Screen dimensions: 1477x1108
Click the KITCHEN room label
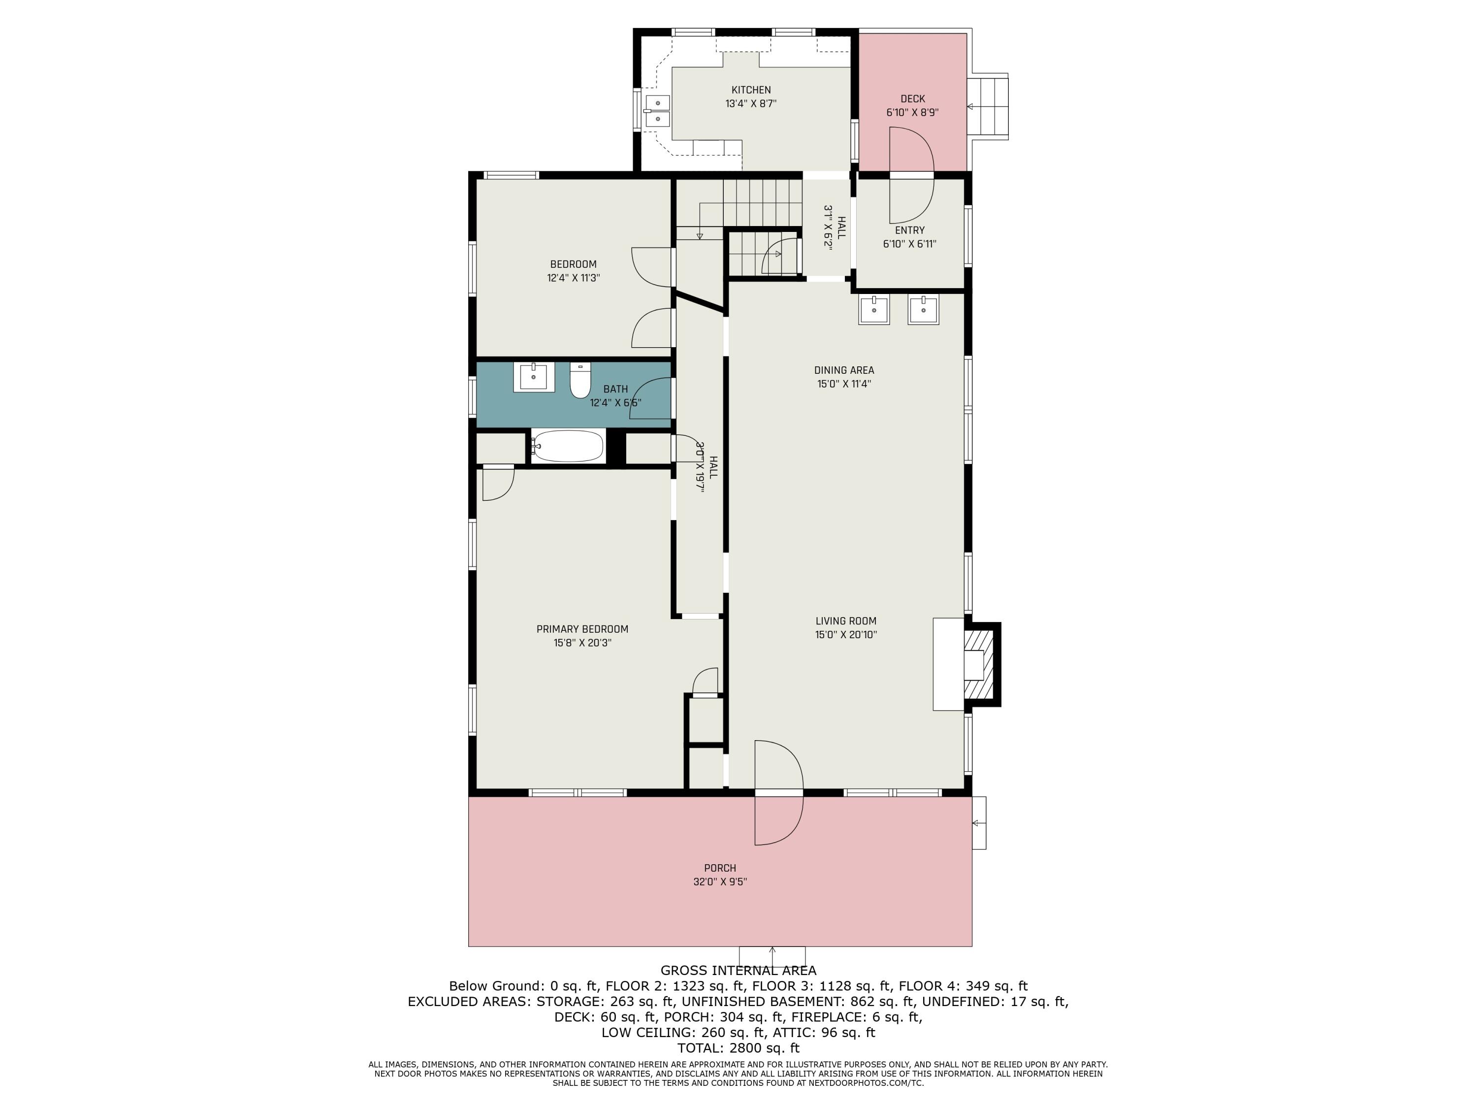tap(751, 90)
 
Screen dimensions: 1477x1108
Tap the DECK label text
tap(913, 99)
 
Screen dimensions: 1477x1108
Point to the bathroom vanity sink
tap(534, 377)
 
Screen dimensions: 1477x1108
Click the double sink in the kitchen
tap(658, 111)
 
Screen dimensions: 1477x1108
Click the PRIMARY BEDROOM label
tap(582, 629)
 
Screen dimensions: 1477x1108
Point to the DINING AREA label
tap(844, 370)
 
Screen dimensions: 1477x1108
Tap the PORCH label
tap(720, 868)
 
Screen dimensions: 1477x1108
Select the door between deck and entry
tap(911, 175)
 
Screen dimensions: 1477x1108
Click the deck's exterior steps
tap(989, 107)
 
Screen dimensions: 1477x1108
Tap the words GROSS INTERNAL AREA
tap(738, 971)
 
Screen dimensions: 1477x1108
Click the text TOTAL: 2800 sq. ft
tap(738, 1048)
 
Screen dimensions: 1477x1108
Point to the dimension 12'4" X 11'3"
tap(574, 278)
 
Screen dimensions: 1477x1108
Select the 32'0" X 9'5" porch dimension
tap(720, 881)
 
